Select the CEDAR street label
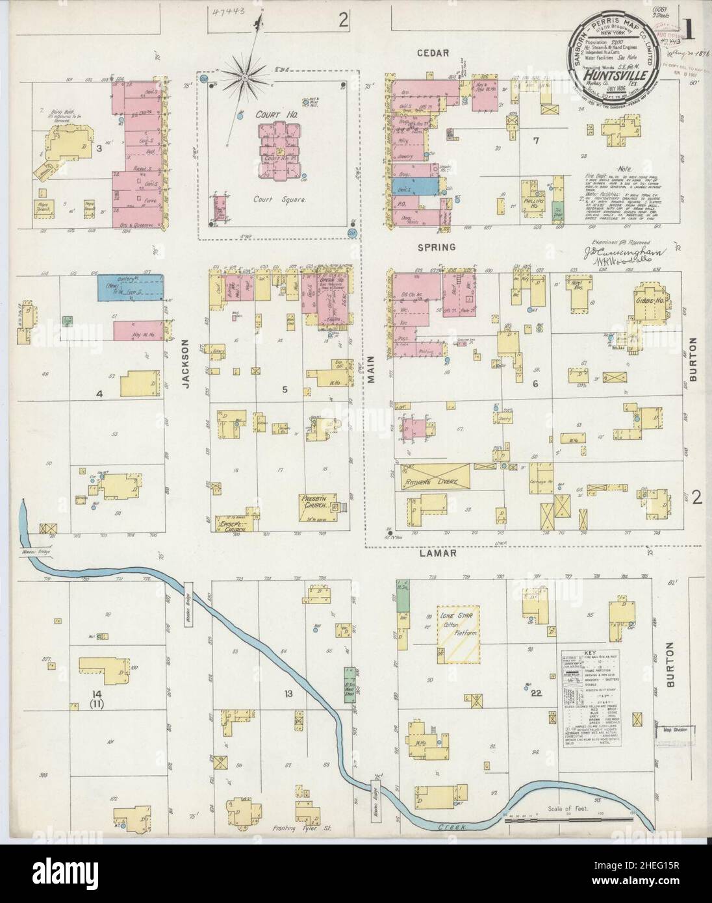[433, 53]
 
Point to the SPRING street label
[437, 248]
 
